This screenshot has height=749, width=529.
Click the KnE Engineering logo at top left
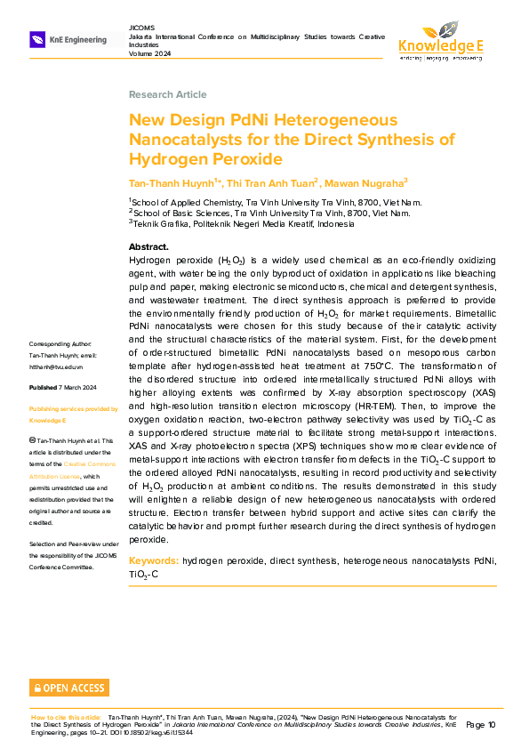point(68,39)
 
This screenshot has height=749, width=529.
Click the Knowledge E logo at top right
point(441,40)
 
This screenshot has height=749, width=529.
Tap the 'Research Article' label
point(167,94)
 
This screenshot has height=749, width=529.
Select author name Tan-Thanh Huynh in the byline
point(172,182)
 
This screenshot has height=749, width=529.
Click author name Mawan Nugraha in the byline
point(364,182)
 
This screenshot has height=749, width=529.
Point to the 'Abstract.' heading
point(148,246)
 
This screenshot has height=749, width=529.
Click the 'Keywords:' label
point(154,561)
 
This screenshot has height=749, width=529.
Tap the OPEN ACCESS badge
point(68,688)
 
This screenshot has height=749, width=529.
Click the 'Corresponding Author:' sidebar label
point(67,343)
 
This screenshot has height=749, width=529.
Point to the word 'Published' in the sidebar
point(43,388)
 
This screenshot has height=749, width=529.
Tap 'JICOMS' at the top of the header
point(142,28)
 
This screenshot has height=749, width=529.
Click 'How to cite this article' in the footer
point(66,716)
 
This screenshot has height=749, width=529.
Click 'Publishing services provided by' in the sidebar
point(74,409)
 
